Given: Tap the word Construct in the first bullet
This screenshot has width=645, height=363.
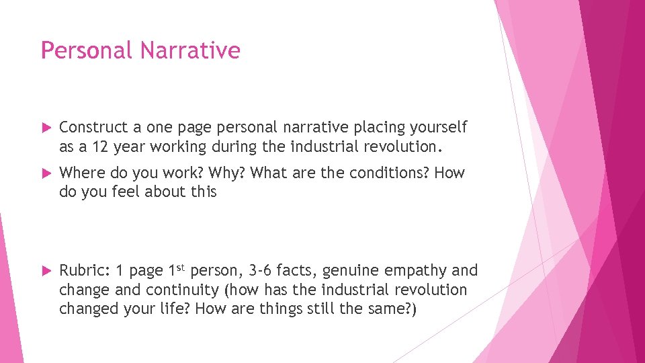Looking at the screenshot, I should click(93, 127).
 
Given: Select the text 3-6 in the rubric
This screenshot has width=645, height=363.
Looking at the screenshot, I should click(259, 271).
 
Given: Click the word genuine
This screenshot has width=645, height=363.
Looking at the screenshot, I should click(353, 271).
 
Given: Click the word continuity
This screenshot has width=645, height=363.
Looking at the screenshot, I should click(171, 290).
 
